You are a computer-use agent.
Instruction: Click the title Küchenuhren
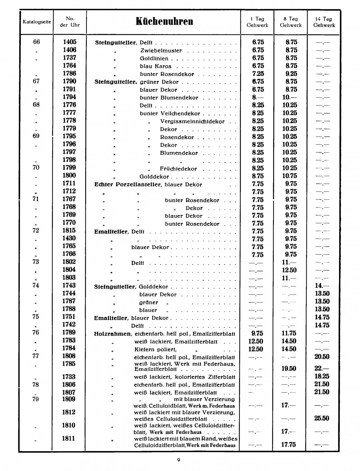coord(164,21)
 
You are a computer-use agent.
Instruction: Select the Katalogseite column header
coord(37,22)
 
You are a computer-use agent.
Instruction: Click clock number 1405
coord(69,42)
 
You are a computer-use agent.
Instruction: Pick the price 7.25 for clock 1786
coord(258,74)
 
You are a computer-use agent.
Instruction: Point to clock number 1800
coord(69,176)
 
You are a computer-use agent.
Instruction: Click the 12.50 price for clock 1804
coord(289,270)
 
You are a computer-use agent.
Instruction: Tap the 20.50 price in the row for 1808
coord(322,357)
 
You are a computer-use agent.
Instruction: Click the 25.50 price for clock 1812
coord(322,418)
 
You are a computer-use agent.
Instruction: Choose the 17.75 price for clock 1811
coord(289,445)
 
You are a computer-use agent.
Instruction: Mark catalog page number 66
coord(36,42)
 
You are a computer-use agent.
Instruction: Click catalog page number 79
coord(35,399)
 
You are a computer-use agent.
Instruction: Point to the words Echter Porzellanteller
coord(128,184)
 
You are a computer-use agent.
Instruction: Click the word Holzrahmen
coord(112,334)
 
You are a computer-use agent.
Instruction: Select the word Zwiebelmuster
coord(161,50)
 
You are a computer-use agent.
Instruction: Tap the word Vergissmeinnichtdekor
coord(192,121)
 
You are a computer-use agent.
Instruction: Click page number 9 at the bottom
coord(179,460)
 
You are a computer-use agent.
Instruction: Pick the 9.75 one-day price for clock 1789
coord(257,333)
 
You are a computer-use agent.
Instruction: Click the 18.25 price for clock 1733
coord(322,376)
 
